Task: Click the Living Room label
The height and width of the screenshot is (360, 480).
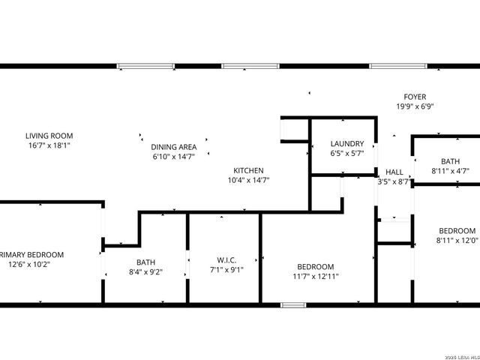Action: pyautogui.click(x=50, y=136)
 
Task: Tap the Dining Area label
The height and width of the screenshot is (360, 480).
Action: pyautogui.click(x=174, y=147)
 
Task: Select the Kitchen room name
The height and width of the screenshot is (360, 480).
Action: pyautogui.click(x=247, y=170)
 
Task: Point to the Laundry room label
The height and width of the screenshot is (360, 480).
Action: pyautogui.click(x=347, y=144)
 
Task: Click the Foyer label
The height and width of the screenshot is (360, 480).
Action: pyautogui.click(x=415, y=97)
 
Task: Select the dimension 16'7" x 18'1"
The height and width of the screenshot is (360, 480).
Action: pyautogui.click(x=50, y=145)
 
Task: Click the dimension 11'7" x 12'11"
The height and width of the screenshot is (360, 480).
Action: pyautogui.click(x=315, y=277)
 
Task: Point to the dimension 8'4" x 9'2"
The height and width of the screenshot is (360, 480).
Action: pyautogui.click(x=145, y=272)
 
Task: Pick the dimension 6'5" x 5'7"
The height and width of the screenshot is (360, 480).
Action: pyautogui.click(x=347, y=154)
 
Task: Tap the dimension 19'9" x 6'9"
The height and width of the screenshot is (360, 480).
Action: pyautogui.click(x=415, y=106)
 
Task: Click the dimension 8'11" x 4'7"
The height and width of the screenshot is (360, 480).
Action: pyautogui.click(x=450, y=171)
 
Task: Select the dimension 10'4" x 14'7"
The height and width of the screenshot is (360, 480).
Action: pyautogui.click(x=248, y=180)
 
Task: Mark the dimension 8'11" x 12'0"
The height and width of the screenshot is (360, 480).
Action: pyautogui.click(x=457, y=241)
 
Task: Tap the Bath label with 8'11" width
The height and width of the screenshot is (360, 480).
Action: pyautogui.click(x=450, y=161)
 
